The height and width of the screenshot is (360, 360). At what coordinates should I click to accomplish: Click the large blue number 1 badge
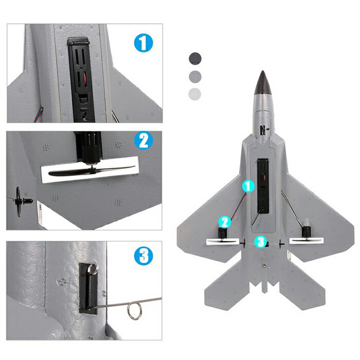tap(143, 43)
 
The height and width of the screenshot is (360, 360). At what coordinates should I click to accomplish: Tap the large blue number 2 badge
tap(143, 140)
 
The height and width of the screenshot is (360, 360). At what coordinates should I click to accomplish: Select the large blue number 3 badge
tap(143, 256)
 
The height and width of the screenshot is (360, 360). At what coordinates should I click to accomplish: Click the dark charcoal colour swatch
tap(195, 59)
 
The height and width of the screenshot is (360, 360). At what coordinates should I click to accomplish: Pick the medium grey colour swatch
tap(195, 77)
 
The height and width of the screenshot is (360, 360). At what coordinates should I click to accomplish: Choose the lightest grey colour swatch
tap(195, 94)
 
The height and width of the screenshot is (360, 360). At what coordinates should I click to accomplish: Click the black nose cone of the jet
tap(263, 83)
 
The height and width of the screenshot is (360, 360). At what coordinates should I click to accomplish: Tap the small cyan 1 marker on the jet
tap(248, 186)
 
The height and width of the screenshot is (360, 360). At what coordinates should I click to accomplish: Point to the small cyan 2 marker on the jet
tap(225, 222)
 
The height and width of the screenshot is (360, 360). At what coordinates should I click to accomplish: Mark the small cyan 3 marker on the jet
tap(261, 242)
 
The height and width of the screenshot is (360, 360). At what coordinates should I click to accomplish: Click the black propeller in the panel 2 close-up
tap(92, 171)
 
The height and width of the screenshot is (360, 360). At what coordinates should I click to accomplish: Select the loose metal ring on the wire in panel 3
tap(135, 311)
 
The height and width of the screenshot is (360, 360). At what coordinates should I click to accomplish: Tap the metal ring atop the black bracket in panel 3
tap(93, 268)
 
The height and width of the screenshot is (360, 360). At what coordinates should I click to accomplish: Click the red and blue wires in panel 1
tap(39, 114)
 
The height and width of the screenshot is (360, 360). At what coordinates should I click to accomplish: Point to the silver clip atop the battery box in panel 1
tap(78, 41)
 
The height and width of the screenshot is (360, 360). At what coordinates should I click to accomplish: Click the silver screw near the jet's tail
tap(264, 265)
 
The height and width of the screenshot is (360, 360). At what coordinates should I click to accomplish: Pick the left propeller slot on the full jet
tap(223, 242)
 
